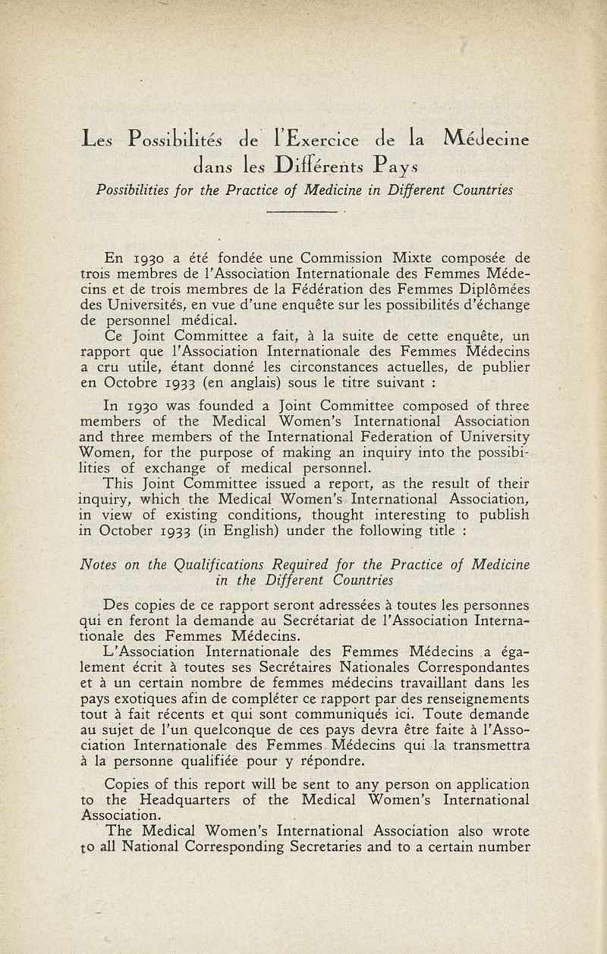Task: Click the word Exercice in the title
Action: pos(318,139)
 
